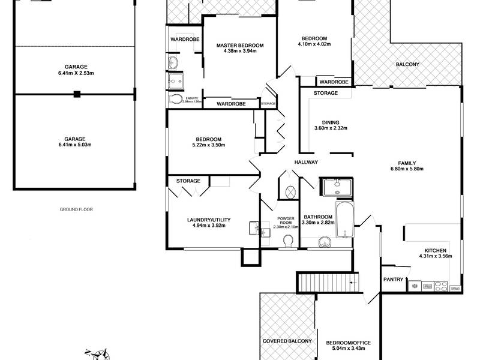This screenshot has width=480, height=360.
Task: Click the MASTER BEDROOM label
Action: [x=239, y=46]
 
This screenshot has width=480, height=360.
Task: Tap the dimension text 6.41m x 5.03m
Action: [x=74, y=145]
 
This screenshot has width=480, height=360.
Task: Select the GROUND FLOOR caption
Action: [x=76, y=209]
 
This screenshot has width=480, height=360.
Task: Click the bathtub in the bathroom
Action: [x=344, y=219]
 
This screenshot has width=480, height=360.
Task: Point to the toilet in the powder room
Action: [x=288, y=241]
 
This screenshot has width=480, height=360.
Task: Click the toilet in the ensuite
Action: [x=175, y=99]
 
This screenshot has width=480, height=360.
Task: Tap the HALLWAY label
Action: [x=306, y=162]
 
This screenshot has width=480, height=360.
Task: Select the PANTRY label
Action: [x=394, y=279]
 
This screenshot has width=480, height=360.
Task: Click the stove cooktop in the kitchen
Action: [x=441, y=286]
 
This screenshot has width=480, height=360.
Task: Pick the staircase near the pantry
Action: [x=328, y=282]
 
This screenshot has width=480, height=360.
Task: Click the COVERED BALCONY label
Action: [x=287, y=341]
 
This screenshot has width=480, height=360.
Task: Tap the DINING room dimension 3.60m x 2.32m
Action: [x=331, y=128]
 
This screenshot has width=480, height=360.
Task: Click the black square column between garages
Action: [x=77, y=94]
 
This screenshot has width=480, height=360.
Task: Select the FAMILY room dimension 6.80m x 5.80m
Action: [x=407, y=169]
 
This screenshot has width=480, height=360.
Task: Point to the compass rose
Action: [x=100, y=355]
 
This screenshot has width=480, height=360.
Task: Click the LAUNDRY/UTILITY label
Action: [x=209, y=220]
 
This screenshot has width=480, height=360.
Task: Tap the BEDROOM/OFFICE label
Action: [x=349, y=343]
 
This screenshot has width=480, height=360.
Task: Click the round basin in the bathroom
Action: [x=324, y=243]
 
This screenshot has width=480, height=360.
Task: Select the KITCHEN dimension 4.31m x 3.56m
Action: [x=436, y=256]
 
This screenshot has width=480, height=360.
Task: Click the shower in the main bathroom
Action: [x=337, y=187]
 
